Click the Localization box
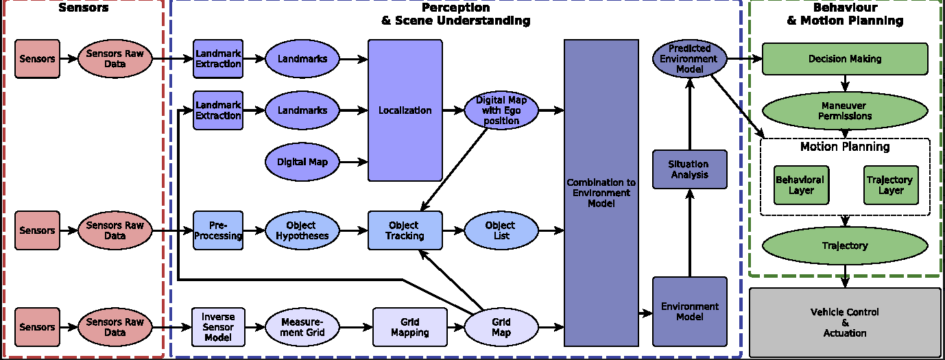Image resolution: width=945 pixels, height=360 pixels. [x=405, y=110]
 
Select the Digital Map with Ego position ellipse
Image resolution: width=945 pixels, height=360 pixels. [x=501, y=110]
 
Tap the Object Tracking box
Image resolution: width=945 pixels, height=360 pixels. [x=405, y=230]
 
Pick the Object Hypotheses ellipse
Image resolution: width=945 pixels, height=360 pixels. [x=302, y=230]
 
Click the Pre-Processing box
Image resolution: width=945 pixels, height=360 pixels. [x=218, y=230]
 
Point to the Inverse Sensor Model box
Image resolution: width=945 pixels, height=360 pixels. [x=218, y=327]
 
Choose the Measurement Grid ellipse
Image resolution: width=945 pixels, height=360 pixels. [x=302, y=327]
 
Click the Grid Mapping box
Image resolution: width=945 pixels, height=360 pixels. [x=409, y=327]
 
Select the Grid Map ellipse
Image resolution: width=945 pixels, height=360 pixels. [x=501, y=327]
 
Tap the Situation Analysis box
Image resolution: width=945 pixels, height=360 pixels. [x=690, y=169]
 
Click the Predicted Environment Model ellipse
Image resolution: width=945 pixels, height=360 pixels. [x=690, y=59]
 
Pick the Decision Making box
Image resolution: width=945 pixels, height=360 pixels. [x=845, y=59]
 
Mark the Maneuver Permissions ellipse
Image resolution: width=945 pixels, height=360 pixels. [x=845, y=110]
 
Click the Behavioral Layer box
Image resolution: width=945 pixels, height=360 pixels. [x=801, y=185]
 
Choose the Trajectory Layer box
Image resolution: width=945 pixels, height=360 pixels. [x=891, y=185]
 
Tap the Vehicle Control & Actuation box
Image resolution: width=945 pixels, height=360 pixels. [x=845, y=322]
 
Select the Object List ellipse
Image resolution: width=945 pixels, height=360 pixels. [x=501, y=230]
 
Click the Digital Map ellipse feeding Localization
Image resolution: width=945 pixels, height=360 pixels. [x=302, y=162]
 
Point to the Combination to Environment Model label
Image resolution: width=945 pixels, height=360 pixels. [x=601, y=193]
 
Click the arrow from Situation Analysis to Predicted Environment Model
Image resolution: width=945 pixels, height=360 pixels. [x=690, y=114]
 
